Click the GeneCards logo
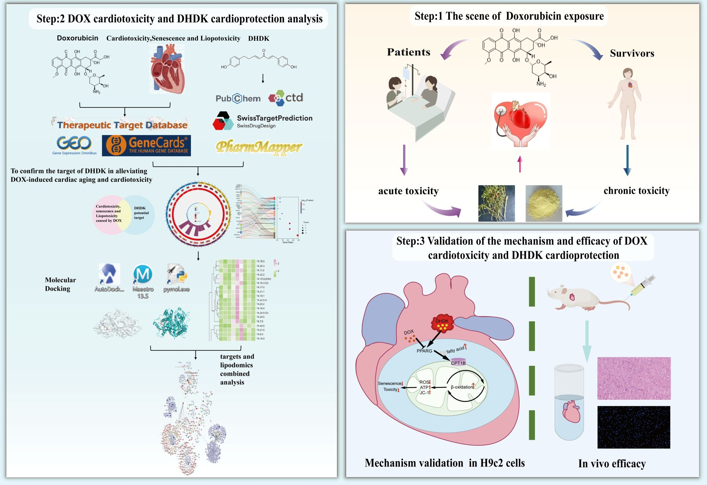tap(148, 146)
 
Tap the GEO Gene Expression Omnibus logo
tap(74, 145)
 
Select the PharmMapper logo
tap(259, 147)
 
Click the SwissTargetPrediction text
tap(274, 118)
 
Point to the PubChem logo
tap(238, 98)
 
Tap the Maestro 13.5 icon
tap(143, 275)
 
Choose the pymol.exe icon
tap(177, 275)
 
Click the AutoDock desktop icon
tap(109, 275)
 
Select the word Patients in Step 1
tap(409, 52)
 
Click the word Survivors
tap(632, 54)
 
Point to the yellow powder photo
tap(544, 203)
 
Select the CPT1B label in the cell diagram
tap(458, 362)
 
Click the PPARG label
tap(424, 351)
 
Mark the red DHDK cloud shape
tap(442, 323)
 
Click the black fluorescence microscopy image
tap(634, 427)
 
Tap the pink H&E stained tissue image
tap(634, 378)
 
